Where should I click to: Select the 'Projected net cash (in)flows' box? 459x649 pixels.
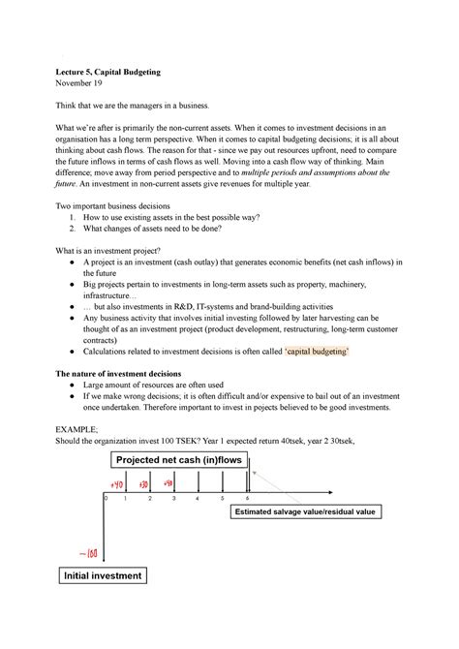click(x=181, y=458)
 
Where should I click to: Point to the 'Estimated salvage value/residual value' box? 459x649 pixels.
click(x=301, y=510)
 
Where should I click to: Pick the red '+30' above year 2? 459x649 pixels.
click(x=145, y=483)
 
